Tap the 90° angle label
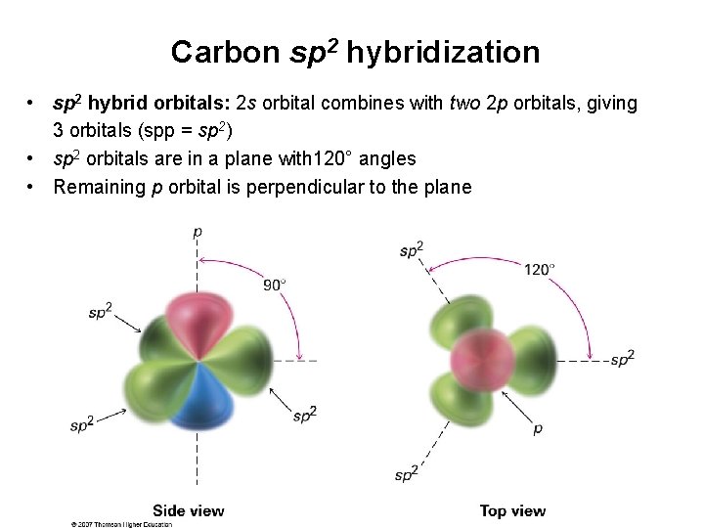275,285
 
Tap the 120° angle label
540,269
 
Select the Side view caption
189,510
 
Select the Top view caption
512,510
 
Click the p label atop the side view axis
198,233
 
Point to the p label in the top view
538,428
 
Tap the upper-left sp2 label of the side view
101,312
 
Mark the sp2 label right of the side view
305,415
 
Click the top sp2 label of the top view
412,250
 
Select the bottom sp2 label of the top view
407,474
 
